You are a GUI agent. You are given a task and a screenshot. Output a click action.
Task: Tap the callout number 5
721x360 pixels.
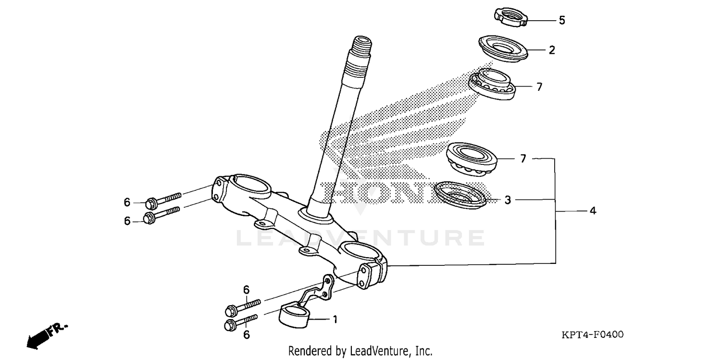pyautogui.click(x=561, y=21)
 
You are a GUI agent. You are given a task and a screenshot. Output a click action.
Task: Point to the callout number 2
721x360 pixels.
pyautogui.click(x=552, y=50)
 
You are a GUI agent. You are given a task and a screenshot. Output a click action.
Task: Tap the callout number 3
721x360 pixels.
pyautogui.click(x=508, y=200)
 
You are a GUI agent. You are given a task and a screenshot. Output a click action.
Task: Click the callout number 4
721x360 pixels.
pyautogui.click(x=593, y=211)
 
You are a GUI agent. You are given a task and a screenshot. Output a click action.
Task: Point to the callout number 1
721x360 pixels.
pyautogui.click(x=335, y=319)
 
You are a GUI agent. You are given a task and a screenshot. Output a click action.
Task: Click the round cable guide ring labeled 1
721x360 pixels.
pyautogui.click(x=295, y=317)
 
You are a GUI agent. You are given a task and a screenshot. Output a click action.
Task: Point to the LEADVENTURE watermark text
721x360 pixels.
pyautogui.click(x=360, y=238)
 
